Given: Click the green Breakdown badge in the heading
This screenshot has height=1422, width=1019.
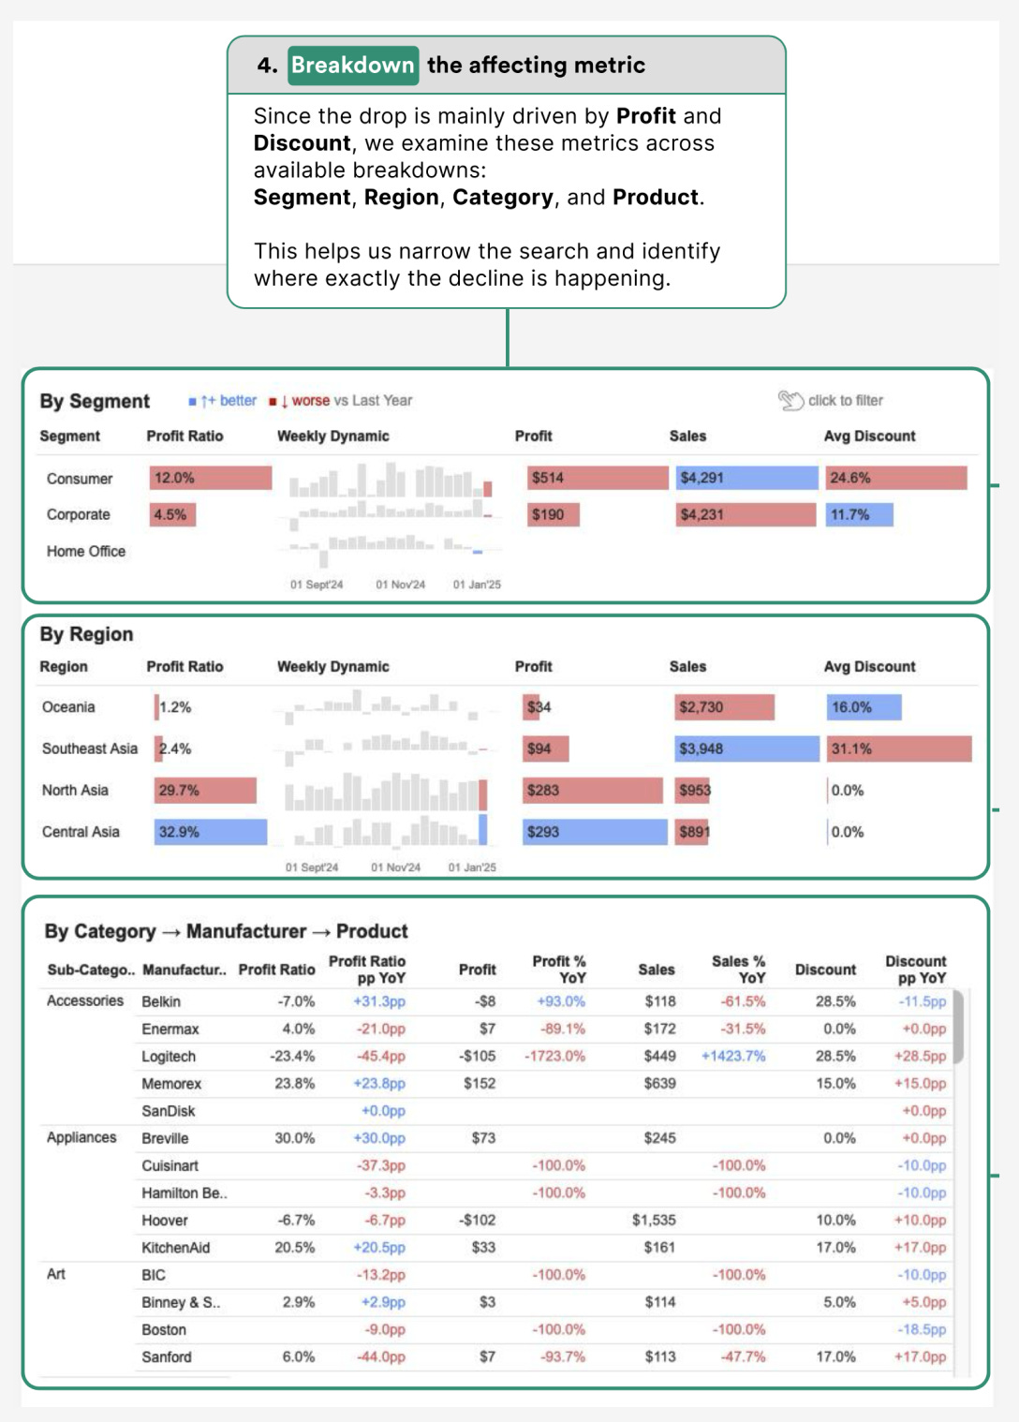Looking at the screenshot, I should [x=352, y=65].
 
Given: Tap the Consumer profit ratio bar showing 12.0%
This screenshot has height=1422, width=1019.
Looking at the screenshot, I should [x=210, y=478].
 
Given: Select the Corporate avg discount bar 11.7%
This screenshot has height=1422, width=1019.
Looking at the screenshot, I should [x=858, y=514].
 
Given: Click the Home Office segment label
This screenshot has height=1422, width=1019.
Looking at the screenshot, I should [x=86, y=552].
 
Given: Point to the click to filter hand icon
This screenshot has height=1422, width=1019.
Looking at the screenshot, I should [x=790, y=401].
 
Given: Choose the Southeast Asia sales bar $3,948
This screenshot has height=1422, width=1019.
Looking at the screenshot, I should [x=746, y=748].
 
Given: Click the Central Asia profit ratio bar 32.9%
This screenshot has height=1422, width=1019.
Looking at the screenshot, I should [x=210, y=832].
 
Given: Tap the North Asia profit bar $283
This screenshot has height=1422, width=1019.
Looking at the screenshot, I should [x=592, y=791].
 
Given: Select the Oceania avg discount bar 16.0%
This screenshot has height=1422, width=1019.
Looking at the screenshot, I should [x=863, y=707].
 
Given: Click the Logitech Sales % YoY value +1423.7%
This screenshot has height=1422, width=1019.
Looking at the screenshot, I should [x=733, y=1056].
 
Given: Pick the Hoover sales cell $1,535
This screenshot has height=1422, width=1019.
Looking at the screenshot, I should [x=654, y=1220].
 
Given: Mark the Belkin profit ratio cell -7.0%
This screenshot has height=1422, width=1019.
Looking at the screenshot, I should [x=296, y=1001].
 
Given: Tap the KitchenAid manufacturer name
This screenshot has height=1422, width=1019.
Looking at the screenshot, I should [x=176, y=1248].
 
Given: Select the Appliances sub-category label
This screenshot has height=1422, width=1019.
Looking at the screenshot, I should [x=82, y=1137].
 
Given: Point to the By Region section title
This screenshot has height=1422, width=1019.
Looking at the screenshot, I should [x=86, y=634].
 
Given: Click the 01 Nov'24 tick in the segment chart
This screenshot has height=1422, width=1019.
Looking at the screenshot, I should [x=400, y=585].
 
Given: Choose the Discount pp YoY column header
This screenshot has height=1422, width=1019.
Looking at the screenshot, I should [x=915, y=970].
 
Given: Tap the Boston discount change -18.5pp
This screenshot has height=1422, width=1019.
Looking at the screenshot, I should [x=923, y=1329].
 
